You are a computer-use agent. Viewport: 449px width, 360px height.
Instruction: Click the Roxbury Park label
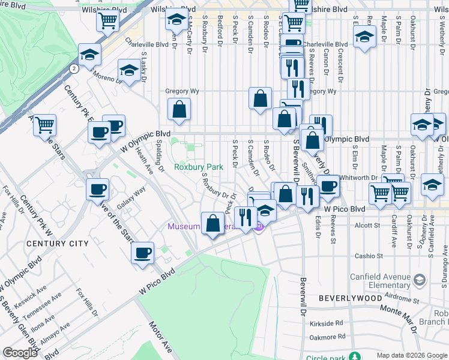coord(198,167)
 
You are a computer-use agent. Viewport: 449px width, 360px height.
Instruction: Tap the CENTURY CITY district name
coord(58,244)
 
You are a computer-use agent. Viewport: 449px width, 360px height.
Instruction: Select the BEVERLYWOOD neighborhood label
coord(350,298)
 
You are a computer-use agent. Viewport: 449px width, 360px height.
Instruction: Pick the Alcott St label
coord(364,226)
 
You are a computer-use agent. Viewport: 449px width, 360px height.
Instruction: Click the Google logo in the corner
coord(20,353)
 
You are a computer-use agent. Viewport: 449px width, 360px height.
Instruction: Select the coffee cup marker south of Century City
coord(143,253)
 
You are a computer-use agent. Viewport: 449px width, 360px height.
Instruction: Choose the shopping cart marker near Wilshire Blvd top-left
coord(107,22)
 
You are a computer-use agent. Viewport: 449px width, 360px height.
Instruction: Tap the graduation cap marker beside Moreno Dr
coord(129,70)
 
